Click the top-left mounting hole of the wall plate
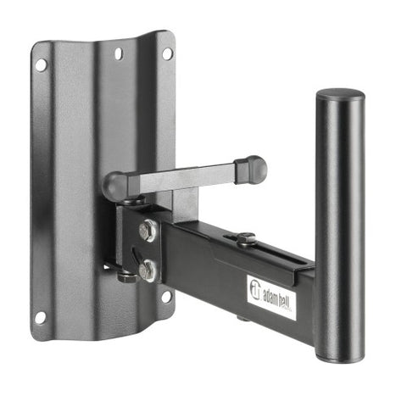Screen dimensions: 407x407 [40, 64]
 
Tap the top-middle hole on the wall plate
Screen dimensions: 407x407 [118, 54]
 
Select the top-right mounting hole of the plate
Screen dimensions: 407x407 [167, 53]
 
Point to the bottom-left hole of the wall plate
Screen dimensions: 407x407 [39, 317]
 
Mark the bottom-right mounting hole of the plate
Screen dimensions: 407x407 [166, 297]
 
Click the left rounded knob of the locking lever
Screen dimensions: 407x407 [117, 185]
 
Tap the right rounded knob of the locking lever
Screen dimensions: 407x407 [252, 169]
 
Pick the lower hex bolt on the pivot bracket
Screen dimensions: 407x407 [148, 270]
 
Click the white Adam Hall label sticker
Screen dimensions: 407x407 [270, 294]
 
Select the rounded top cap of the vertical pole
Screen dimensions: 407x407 [340, 94]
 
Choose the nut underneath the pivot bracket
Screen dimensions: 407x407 [125, 276]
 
